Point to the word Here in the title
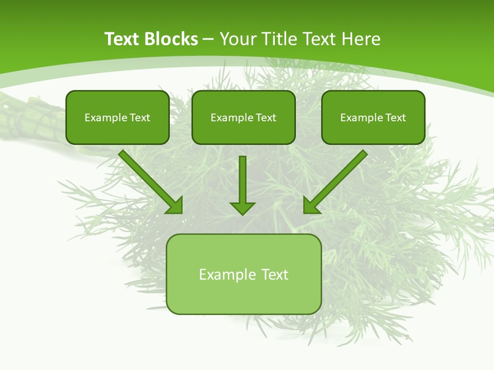pos(362,39)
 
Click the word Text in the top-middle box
pos(266,118)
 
